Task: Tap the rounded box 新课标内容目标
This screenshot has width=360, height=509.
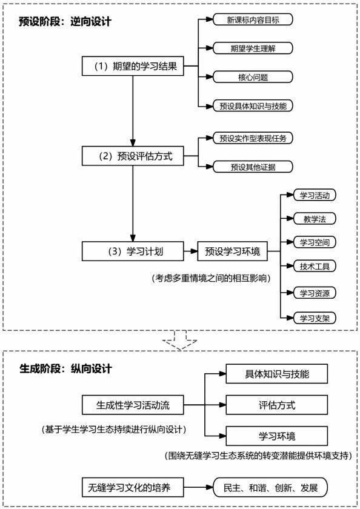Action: click(253, 19)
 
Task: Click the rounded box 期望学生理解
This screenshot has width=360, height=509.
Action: click(253, 48)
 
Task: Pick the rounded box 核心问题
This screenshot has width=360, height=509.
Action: click(253, 77)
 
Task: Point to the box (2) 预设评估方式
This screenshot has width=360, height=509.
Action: click(132, 156)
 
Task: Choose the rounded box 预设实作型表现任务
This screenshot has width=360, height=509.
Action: click(253, 138)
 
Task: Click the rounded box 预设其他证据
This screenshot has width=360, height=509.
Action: click(253, 167)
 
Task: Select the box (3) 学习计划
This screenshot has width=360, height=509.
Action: click(132, 250)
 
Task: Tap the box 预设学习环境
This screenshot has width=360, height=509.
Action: click(232, 250)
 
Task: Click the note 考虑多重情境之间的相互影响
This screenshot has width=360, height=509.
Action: click(210, 278)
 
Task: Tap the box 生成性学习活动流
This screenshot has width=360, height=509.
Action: click(132, 405)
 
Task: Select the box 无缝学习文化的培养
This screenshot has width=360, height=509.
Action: click(132, 487)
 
